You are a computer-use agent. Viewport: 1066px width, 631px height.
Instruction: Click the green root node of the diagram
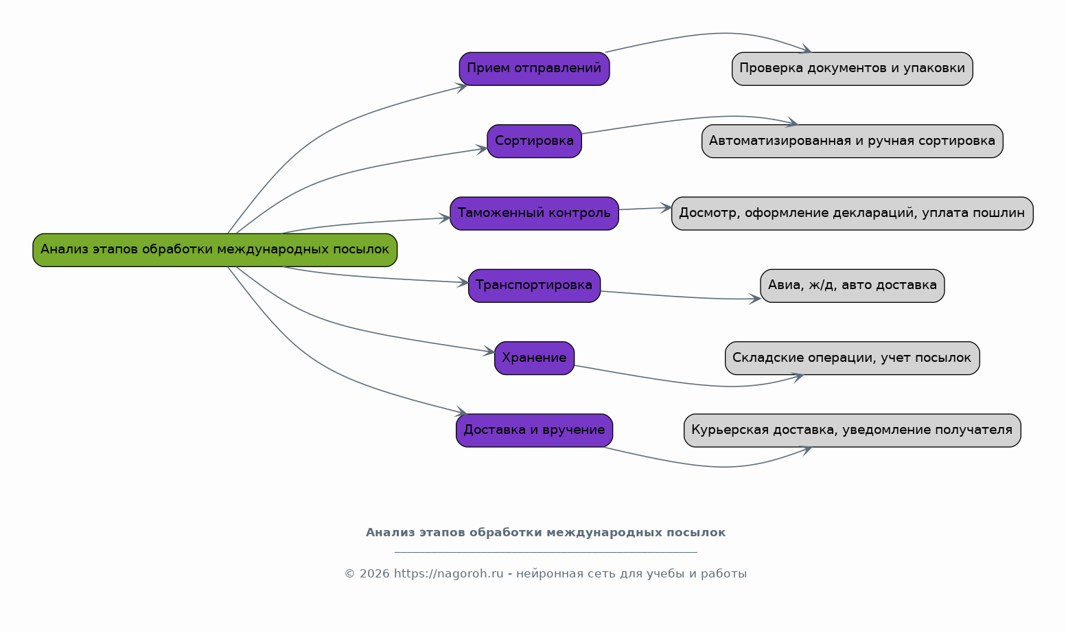pyautogui.click(x=215, y=250)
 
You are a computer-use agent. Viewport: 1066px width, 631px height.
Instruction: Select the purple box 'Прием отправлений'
pyautogui.click(x=534, y=69)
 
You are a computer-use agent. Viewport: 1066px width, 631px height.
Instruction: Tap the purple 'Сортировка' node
pyautogui.click(x=534, y=141)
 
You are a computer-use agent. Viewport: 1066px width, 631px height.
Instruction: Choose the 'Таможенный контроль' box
pyautogui.click(x=534, y=213)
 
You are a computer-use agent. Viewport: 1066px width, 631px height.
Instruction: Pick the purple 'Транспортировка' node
pyautogui.click(x=534, y=286)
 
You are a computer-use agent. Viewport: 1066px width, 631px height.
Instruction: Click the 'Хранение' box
pyautogui.click(x=534, y=358)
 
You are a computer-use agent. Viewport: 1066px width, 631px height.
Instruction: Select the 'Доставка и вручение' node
pyautogui.click(x=534, y=431)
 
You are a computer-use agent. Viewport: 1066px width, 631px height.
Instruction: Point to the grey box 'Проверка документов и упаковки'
pyautogui.click(x=852, y=69)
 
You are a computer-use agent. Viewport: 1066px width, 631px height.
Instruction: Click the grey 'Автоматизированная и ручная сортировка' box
pyautogui.click(x=852, y=141)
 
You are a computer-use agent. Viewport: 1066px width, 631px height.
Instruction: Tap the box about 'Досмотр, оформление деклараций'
pyautogui.click(x=852, y=213)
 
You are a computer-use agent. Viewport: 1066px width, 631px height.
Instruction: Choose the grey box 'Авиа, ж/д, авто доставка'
pyautogui.click(x=852, y=286)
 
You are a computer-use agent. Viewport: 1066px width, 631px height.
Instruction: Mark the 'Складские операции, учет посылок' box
pyautogui.click(x=852, y=358)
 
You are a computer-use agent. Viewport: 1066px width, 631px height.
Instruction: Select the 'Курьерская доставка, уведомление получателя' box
pyautogui.click(x=852, y=431)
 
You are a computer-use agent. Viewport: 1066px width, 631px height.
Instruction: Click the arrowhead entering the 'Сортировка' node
pyautogui.click(x=483, y=148)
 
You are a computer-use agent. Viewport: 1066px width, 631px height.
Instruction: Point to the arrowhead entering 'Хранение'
pyautogui.click(x=490, y=352)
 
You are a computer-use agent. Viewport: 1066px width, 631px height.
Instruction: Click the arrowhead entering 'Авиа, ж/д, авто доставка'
pyautogui.click(x=756, y=299)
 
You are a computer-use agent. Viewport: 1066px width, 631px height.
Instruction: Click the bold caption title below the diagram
pyautogui.click(x=545, y=533)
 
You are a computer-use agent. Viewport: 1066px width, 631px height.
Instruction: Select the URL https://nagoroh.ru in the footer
pyautogui.click(x=448, y=574)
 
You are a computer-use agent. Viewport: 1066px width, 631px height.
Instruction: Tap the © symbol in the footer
pyautogui.click(x=349, y=574)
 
